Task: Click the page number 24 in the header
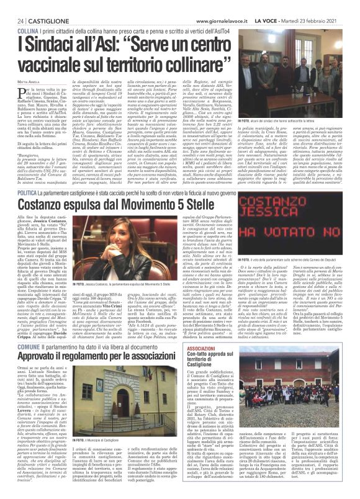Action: click(x=12, y=6)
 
